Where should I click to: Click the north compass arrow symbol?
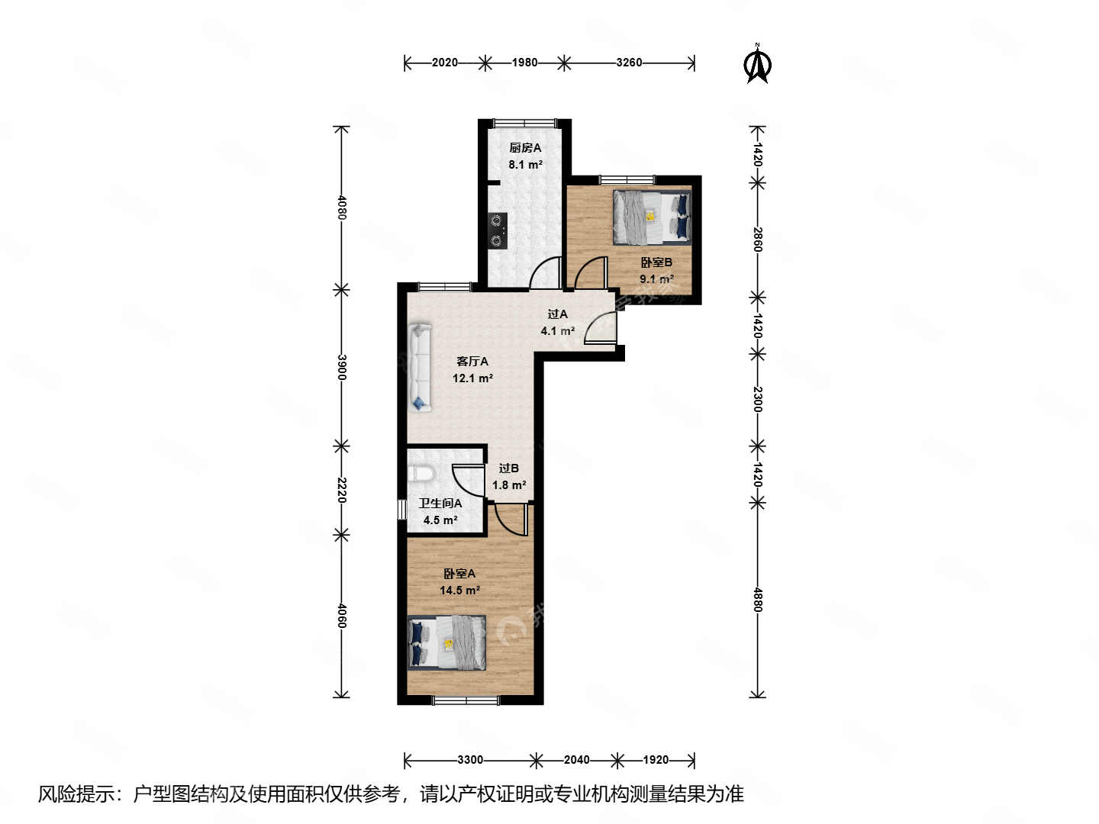[757, 65]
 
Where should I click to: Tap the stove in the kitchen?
[498, 230]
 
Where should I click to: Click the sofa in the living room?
[420, 368]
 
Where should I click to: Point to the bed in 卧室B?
[652, 217]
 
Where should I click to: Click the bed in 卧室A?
[447, 642]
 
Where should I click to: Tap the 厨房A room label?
[525, 148]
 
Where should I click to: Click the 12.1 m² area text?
[472, 378]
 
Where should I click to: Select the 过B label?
[509, 468]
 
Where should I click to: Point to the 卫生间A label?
[440, 504]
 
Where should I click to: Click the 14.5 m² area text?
[459, 591]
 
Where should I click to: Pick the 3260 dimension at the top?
[629, 63]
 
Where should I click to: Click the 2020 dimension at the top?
[444, 63]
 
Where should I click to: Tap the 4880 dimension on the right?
[758, 600]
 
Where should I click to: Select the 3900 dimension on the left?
[342, 367]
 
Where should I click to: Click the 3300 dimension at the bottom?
[470, 760]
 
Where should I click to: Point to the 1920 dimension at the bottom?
[656, 760]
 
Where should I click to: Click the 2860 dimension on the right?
[758, 240]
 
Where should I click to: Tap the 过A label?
[558, 314]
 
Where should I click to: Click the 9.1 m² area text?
[656, 279]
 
